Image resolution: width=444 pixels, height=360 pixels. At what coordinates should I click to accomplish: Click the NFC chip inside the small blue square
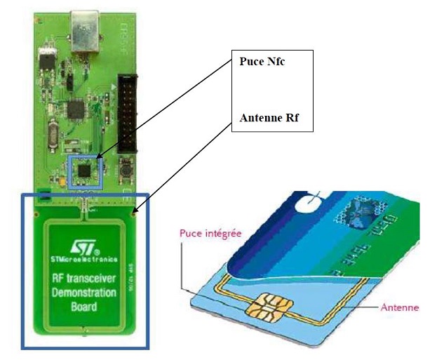pos(85,168)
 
